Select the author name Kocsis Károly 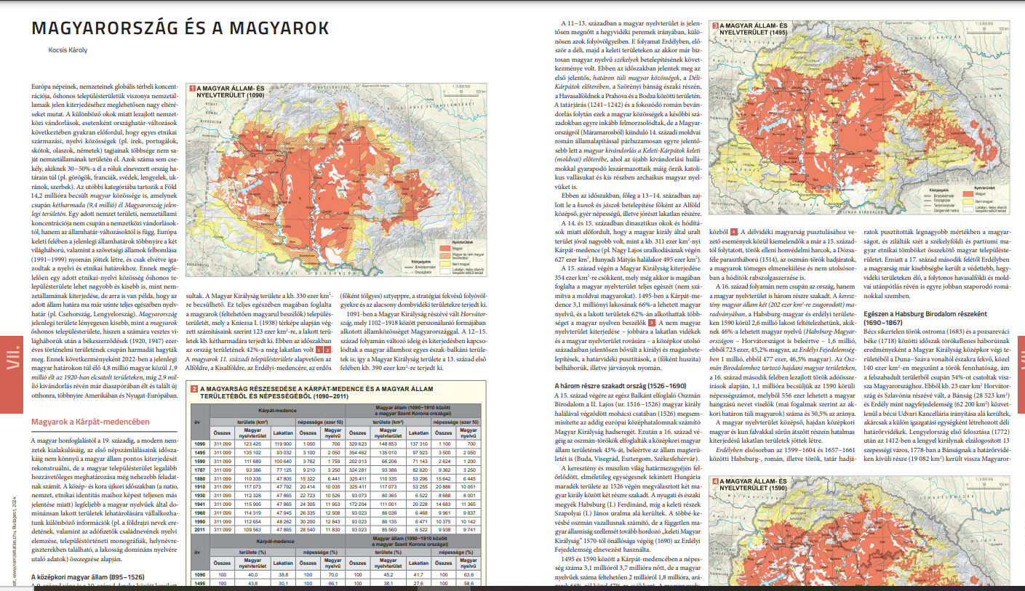(x=67, y=50)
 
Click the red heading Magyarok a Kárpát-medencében (x=90, y=422)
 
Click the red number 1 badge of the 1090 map (x=193, y=87)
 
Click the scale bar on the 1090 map (x=468, y=91)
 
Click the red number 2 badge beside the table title (x=194, y=389)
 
